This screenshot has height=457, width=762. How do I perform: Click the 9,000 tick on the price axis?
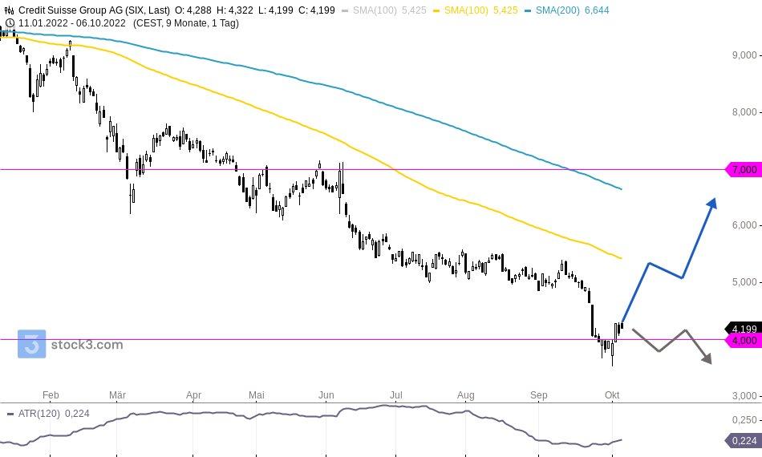pos(744,55)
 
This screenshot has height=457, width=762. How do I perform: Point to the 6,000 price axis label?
pos(744,225)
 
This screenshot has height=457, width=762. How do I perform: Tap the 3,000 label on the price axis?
pos(744,396)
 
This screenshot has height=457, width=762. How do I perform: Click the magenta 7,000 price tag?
pos(744,170)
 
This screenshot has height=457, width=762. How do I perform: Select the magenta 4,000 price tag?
pos(744,341)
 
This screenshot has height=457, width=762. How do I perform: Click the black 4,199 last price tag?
pos(744,329)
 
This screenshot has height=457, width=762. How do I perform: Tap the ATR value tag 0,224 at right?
pos(744,440)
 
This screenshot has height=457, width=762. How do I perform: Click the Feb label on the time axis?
pos(51,395)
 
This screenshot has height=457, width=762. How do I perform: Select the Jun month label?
pos(326,395)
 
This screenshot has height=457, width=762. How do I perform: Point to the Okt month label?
pos(612,395)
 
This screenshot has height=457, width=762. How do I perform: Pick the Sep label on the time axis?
pos(539,395)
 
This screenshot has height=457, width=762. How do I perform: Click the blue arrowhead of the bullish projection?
pos(712,203)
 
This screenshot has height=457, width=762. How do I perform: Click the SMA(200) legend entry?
pos(572,10)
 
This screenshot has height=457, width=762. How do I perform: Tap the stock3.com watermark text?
pos(87,346)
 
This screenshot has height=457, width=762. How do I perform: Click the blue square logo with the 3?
pos(32,345)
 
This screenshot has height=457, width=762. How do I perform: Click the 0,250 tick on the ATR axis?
pos(746,419)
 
